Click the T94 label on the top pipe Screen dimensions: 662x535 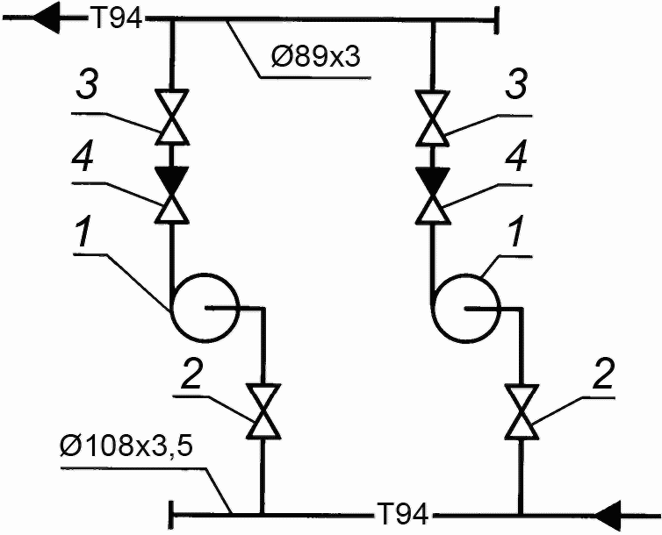[x=116, y=18]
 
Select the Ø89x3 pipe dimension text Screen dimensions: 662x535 [x=315, y=56]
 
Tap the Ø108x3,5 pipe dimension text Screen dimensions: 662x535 [x=126, y=446]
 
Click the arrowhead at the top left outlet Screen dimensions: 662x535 [x=46, y=18]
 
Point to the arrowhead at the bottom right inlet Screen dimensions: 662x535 [x=608, y=515]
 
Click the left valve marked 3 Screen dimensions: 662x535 [x=172, y=117]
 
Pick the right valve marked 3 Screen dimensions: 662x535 [x=432, y=118]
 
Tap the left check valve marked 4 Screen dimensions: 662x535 [x=172, y=195]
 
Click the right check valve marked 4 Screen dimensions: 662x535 [x=432, y=196]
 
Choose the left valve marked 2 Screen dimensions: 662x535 [x=264, y=411]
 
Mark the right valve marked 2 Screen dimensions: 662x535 [x=522, y=412]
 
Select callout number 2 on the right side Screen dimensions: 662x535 [x=603, y=374]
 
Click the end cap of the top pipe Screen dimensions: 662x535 [x=497, y=19]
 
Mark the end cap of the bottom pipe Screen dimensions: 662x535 [x=171, y=515]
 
